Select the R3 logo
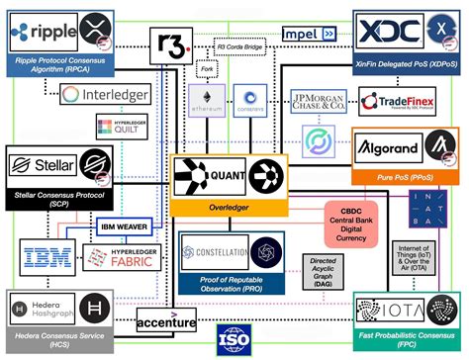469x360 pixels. coord(170,45)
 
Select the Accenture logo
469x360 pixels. coord(166,321)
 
